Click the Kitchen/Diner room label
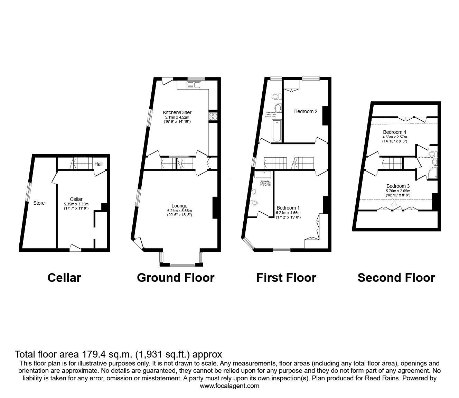(x=177, y=112)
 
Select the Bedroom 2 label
(x=306, y=111)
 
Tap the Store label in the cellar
(x=39, y=203)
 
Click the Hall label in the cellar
(x=99, y=164)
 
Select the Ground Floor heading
(x=176, y=278)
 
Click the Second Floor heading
(x=396, y=278)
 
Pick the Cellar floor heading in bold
(x=64, y=278)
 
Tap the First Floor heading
(x=286, y=278)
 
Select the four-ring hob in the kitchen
(x=213, y=116)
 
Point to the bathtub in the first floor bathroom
(x=277, y=131)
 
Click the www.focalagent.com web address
(x=230, y=386)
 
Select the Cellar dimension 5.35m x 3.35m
(x=76, y=204)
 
